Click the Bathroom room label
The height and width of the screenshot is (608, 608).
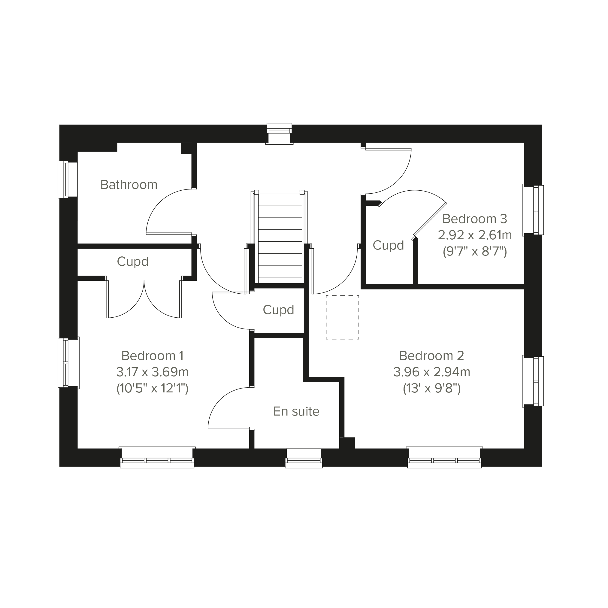click(x=129, y=185)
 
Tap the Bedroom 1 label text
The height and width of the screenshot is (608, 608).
click(x=152, y=356)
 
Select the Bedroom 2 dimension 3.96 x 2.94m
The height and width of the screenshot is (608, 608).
click(x=431, y=372)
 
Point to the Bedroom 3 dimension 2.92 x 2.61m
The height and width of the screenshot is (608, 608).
click(x=475, y=235)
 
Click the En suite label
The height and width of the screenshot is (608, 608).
click(x=296, y=411)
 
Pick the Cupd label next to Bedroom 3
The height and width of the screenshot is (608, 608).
click(x=388, y=246)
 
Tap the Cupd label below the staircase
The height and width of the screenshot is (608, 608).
click(x=279, y=310)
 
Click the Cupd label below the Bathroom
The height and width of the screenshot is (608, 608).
click(x=133, y=262)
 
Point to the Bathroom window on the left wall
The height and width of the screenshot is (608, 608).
click(x=68, y=179)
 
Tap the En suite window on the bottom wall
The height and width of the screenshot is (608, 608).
click(x=304, y=458)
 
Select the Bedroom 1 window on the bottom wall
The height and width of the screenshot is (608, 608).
click(x=157, y=457)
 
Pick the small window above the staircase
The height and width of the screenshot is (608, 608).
click(x=280, y=134)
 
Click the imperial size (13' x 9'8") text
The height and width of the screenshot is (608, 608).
click(x=432, y=389)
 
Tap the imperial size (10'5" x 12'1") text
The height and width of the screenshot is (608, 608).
click(x=152, y=389)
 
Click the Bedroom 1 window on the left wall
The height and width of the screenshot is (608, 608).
click(x=68, y=362)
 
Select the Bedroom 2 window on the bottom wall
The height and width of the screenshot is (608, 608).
click(x=444, y=457)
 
